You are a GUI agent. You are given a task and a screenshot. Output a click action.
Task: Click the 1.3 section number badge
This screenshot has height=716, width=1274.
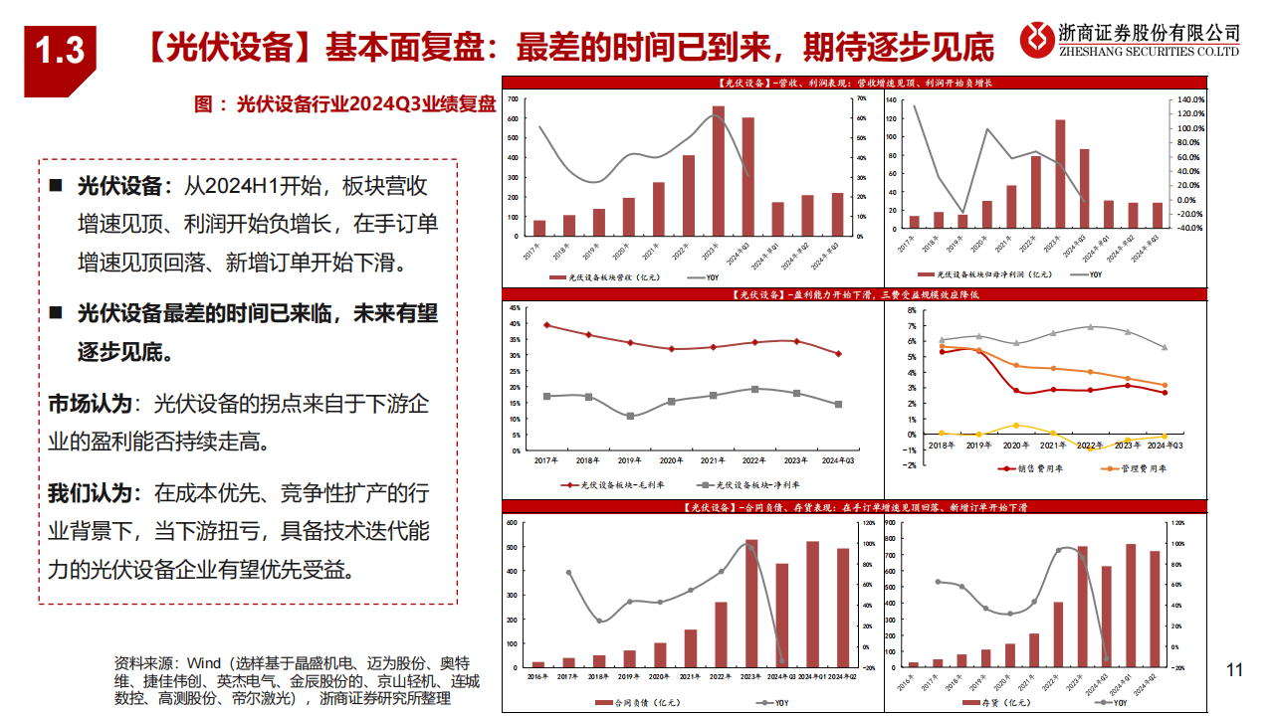point(60,51)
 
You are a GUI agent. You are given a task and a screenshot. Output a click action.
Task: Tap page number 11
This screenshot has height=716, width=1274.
point(1235,670)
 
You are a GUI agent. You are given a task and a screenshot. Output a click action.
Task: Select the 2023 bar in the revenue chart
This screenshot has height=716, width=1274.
point(719,170)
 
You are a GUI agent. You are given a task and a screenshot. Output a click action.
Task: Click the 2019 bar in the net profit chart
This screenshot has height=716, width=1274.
point(962,221)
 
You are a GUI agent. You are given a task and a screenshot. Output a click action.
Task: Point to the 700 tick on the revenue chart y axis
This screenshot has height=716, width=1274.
point(513,99)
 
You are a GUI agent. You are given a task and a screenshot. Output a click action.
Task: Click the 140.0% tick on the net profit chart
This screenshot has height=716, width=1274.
point(1191,99)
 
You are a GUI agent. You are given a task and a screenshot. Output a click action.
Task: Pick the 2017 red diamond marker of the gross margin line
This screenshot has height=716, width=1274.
point(546,325)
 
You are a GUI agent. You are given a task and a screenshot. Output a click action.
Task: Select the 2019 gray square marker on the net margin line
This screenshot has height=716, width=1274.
point(630,416)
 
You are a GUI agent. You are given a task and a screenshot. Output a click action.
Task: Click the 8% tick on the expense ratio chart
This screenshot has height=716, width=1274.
point(911,310)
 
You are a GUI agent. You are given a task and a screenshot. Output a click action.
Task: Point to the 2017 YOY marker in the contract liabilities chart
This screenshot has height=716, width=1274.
point(568,573)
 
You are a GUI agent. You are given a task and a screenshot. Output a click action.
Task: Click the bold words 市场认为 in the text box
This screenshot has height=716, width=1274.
point(90,404)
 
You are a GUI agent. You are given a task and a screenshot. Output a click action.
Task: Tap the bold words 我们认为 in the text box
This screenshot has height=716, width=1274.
point(90,491)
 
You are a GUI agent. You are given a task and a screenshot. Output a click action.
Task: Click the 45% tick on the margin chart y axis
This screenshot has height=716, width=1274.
point(515,308)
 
